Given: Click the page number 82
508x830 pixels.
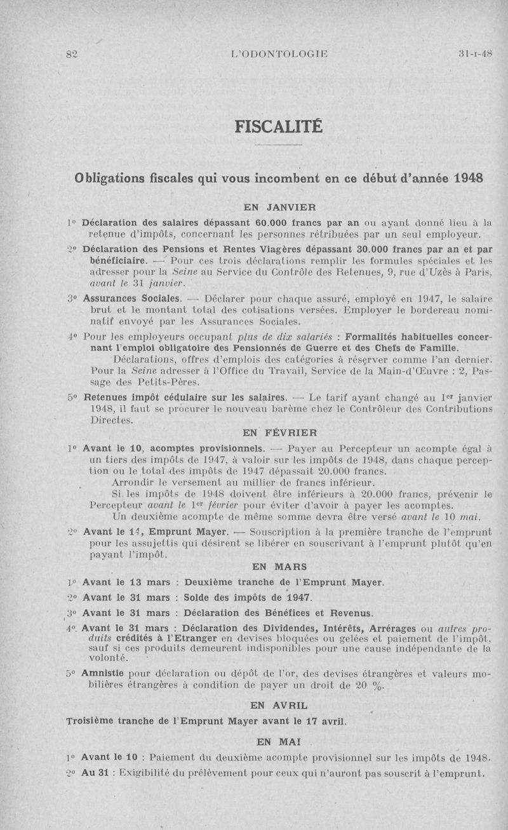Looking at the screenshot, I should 70,55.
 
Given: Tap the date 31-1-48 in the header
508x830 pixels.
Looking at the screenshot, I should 475,54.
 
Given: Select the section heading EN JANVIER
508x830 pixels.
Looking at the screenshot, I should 280,206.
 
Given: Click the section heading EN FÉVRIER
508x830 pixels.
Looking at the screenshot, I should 279,433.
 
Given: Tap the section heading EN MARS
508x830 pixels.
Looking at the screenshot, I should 279,566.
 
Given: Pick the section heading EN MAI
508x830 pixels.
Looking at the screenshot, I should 279,741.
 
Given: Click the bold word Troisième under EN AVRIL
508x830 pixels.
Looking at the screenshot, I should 93,721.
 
